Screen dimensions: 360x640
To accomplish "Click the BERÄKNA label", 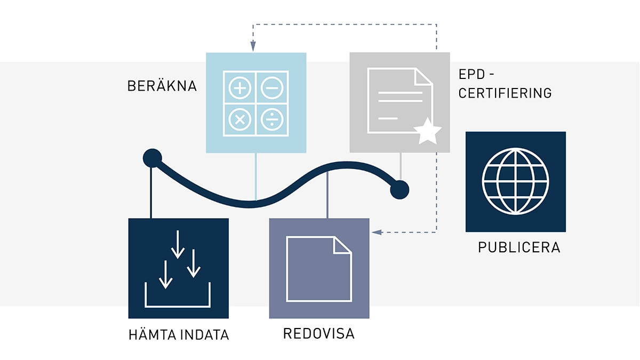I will coord(162,86).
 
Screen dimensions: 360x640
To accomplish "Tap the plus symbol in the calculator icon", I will coord(240,87).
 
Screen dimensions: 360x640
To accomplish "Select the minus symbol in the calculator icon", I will coord(272,87).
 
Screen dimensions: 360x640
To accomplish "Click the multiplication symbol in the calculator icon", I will coord(240,119).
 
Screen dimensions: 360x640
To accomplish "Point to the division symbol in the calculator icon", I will coord(272,119).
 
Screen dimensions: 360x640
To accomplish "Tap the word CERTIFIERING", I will coord(505,93).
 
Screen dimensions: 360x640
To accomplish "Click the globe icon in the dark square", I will coord(515,181).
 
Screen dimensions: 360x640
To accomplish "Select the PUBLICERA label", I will coord(518,248).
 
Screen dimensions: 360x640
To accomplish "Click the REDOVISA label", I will coord(318,334).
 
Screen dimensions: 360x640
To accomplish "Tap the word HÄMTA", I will coord(149,335).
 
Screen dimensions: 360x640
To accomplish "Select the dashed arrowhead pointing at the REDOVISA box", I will coord(375,232).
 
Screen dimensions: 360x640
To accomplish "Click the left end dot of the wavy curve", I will coord(152,158).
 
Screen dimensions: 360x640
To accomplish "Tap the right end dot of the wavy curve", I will coord(399,189).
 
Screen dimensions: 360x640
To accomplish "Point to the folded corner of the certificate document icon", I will coord(424,77).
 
